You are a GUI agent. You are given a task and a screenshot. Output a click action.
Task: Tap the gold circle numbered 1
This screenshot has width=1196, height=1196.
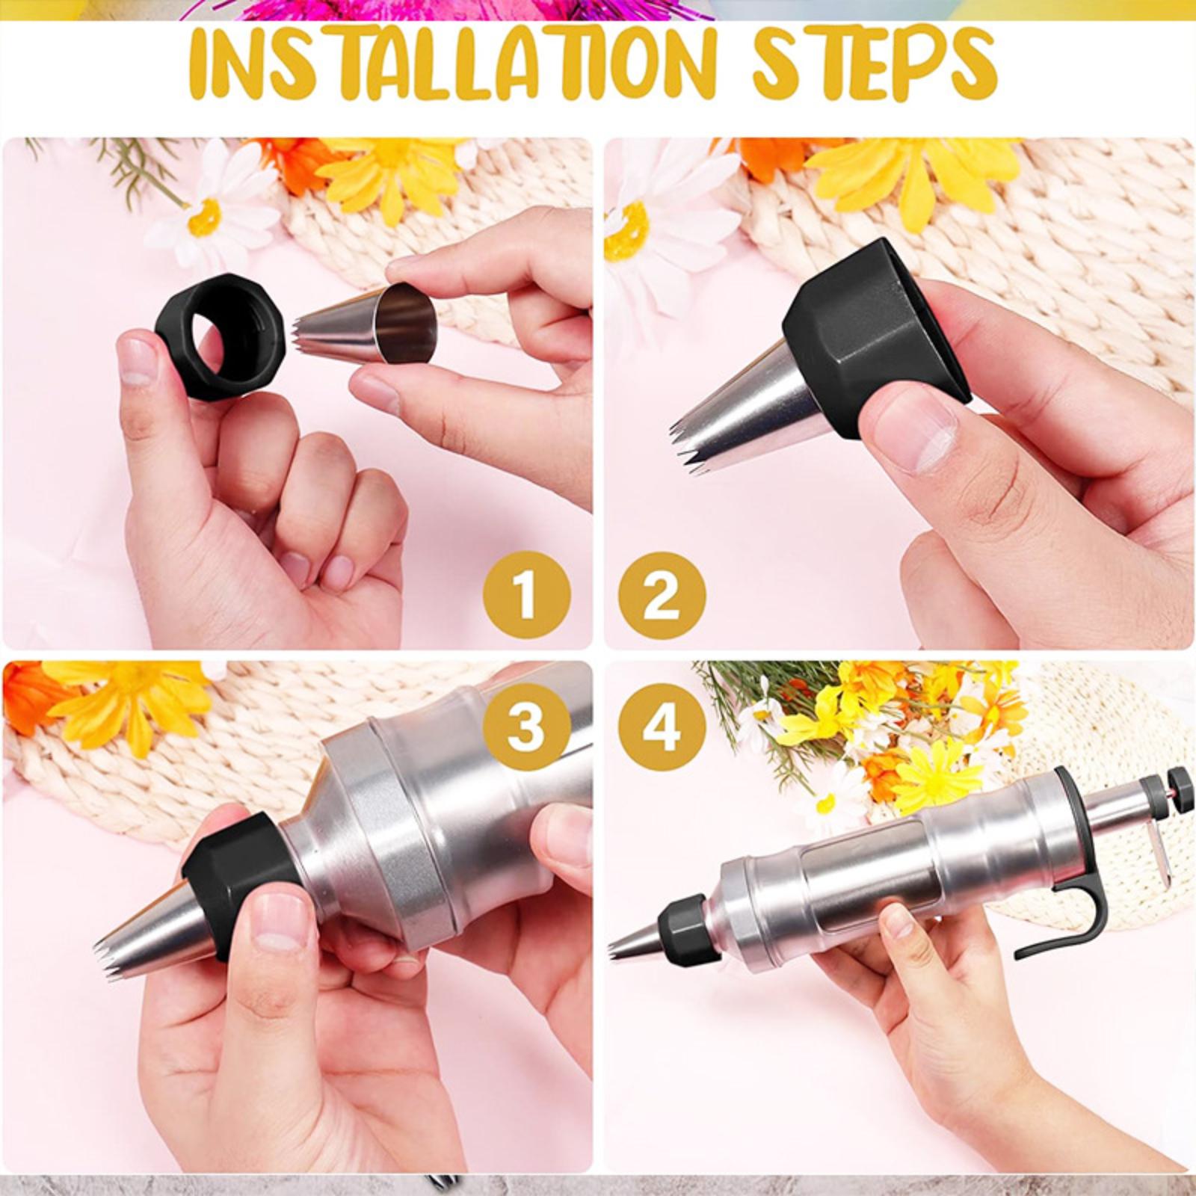tap(527, 597)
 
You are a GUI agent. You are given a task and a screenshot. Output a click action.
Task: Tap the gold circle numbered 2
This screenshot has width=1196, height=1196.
tap(662, 597)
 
